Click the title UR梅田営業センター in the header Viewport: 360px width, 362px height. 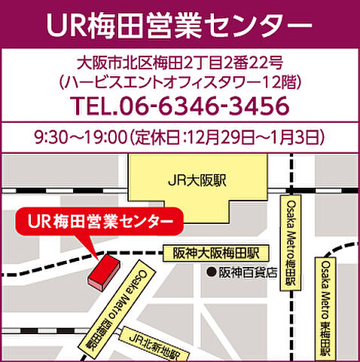click(179, 24)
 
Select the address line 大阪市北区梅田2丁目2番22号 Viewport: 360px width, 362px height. click(179, 62)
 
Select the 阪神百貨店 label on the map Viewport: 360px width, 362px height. click(249, 271)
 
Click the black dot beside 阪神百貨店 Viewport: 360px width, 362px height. click(212, 271)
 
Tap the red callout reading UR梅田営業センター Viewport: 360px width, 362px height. click(99, 222)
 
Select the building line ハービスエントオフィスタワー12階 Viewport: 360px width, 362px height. click(179, 79)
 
